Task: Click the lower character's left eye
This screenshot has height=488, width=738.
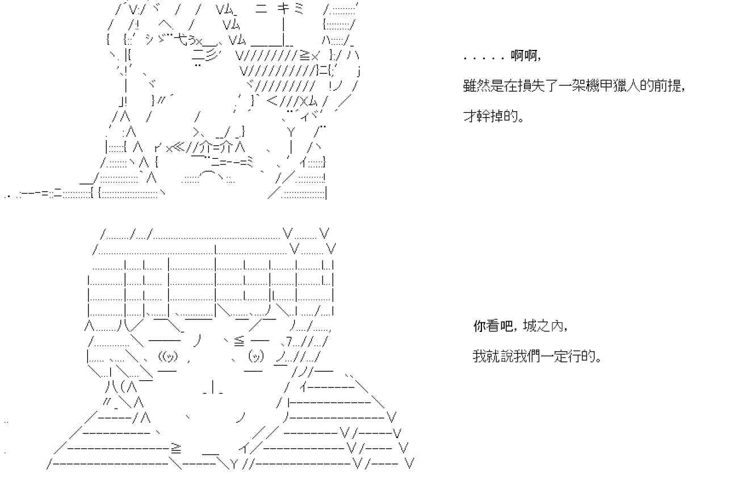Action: click(169, 357)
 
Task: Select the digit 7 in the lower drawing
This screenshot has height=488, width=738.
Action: click(290, 341)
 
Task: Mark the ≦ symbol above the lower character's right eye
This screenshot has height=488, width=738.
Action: click(238, 340)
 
